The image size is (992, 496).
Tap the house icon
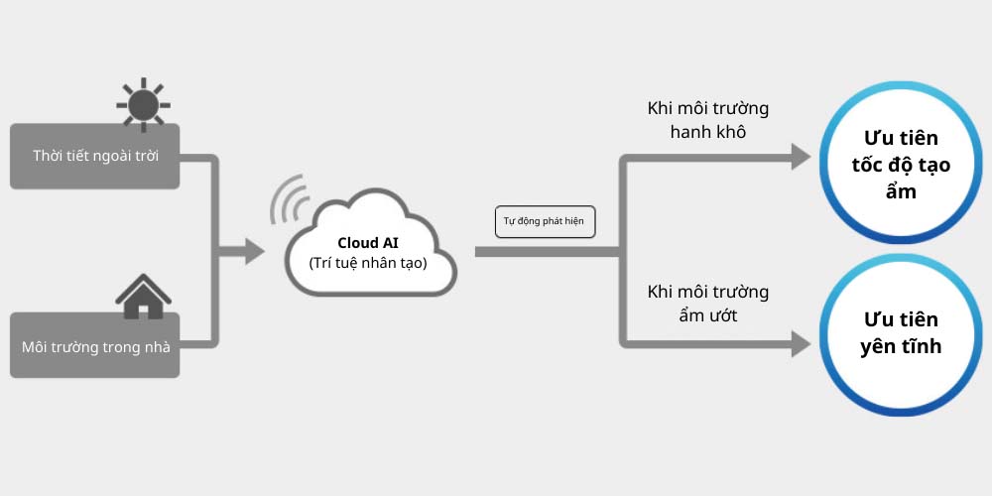pos(143,296)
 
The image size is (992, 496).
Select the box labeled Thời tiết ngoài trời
pos(95,156)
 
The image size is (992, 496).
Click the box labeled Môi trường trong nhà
pos(95,345)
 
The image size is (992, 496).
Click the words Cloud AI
pos(368,242)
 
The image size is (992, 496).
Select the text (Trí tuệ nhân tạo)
pos(368,264)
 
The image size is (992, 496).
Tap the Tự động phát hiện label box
pos(545,221)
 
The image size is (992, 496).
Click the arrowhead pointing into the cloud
pos(252,251)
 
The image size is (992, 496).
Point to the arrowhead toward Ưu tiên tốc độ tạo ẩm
pos(800,155)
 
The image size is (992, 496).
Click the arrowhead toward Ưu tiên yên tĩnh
pos(800,344)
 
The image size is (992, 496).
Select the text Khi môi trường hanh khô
pos(707,119)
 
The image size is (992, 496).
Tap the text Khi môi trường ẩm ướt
pos(707,304)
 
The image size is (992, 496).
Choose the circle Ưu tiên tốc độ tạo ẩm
pos(901,166)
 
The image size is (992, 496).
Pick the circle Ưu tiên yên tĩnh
pos(901,334)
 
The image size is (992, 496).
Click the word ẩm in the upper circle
pos(901,191)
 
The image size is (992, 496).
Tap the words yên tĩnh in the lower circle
pos(901,347)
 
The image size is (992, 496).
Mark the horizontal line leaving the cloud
pos(546,251)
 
